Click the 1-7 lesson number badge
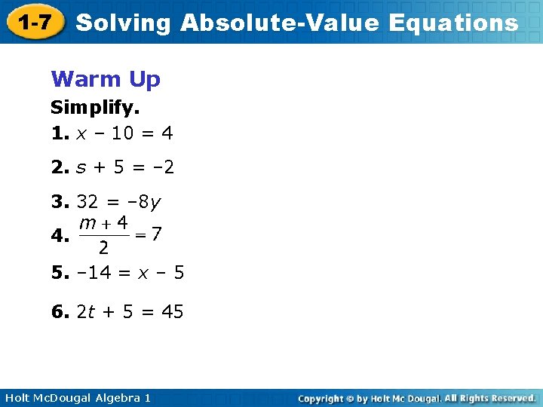click(35, 23)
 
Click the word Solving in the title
click(124, 23)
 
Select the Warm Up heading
click(106, 78)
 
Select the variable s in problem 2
click(81, 167)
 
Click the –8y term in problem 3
click(148, 203)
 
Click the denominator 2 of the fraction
click(103, 248)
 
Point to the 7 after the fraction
click(155, 234)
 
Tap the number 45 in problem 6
click(172, 311)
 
